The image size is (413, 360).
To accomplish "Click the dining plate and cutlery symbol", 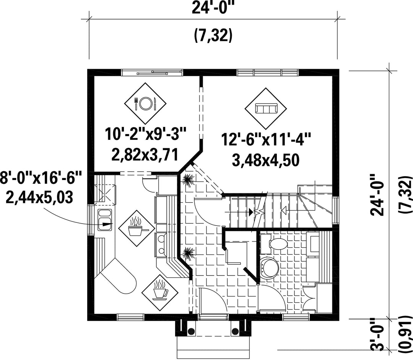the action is [x=145, y=104].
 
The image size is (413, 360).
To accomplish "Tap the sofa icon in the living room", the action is [x=266, y=109].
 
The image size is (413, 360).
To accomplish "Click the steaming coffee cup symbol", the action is [x=160, y=293].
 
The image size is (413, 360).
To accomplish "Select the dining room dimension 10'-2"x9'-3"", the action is [x=146, y=134].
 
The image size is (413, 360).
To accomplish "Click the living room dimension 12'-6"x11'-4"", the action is [x=266, y=139].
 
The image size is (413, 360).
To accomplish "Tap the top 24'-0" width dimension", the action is [x=213, y=8].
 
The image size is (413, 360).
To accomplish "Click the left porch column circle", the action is [x=191, y=331].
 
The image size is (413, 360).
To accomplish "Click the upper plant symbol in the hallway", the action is [x=188, y=180].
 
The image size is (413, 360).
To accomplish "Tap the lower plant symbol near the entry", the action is [x=188, y=254].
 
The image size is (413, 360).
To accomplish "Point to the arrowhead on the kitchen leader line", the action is [x=107, y=224].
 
